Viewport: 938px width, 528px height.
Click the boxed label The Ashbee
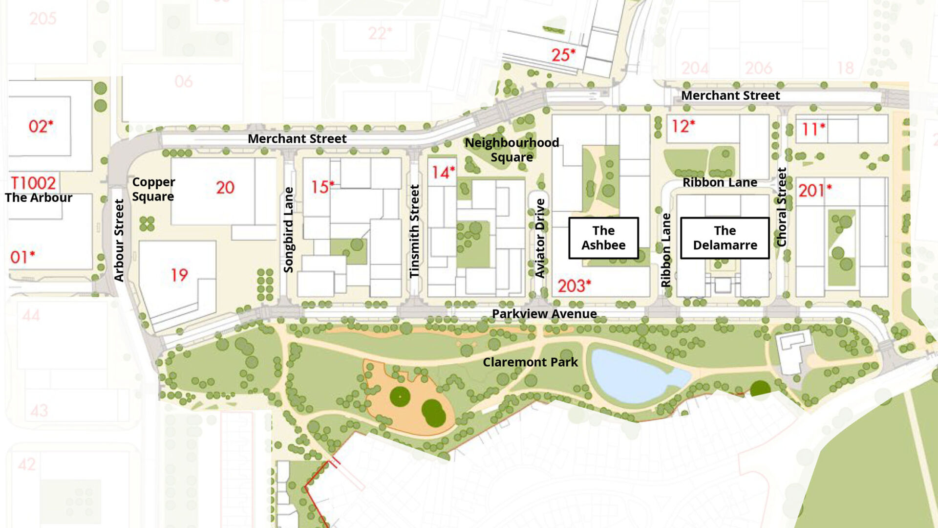coord(603,238)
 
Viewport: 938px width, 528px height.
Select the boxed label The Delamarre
coord(725,238)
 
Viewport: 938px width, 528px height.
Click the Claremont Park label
coord(530,362)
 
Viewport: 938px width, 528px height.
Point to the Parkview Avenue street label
coord(544,314)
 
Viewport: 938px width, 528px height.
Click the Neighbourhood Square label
coord(512,150)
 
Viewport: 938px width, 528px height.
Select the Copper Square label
coord(153,189)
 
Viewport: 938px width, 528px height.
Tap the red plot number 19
coord(179,275)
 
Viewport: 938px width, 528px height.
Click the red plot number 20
coord(225,187)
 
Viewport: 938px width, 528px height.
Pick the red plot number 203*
coord(574,286)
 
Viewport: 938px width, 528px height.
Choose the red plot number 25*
coord(563,55)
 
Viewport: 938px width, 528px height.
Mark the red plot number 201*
coord(814,190)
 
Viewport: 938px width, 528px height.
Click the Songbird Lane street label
coord(289,230)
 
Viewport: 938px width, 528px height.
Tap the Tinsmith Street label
coord(414,231)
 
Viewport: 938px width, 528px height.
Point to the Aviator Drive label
coord(540,238)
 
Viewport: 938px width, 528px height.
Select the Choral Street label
coord(782,207)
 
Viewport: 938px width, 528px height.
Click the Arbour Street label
coord(119,240)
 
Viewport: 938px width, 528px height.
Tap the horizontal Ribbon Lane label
coord(720,182)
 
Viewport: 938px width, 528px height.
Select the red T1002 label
coord(33,183)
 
